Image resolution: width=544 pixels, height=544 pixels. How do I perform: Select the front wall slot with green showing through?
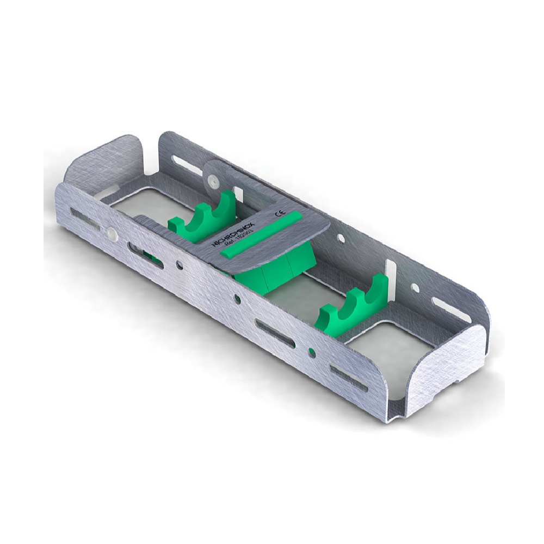coord(144,252)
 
